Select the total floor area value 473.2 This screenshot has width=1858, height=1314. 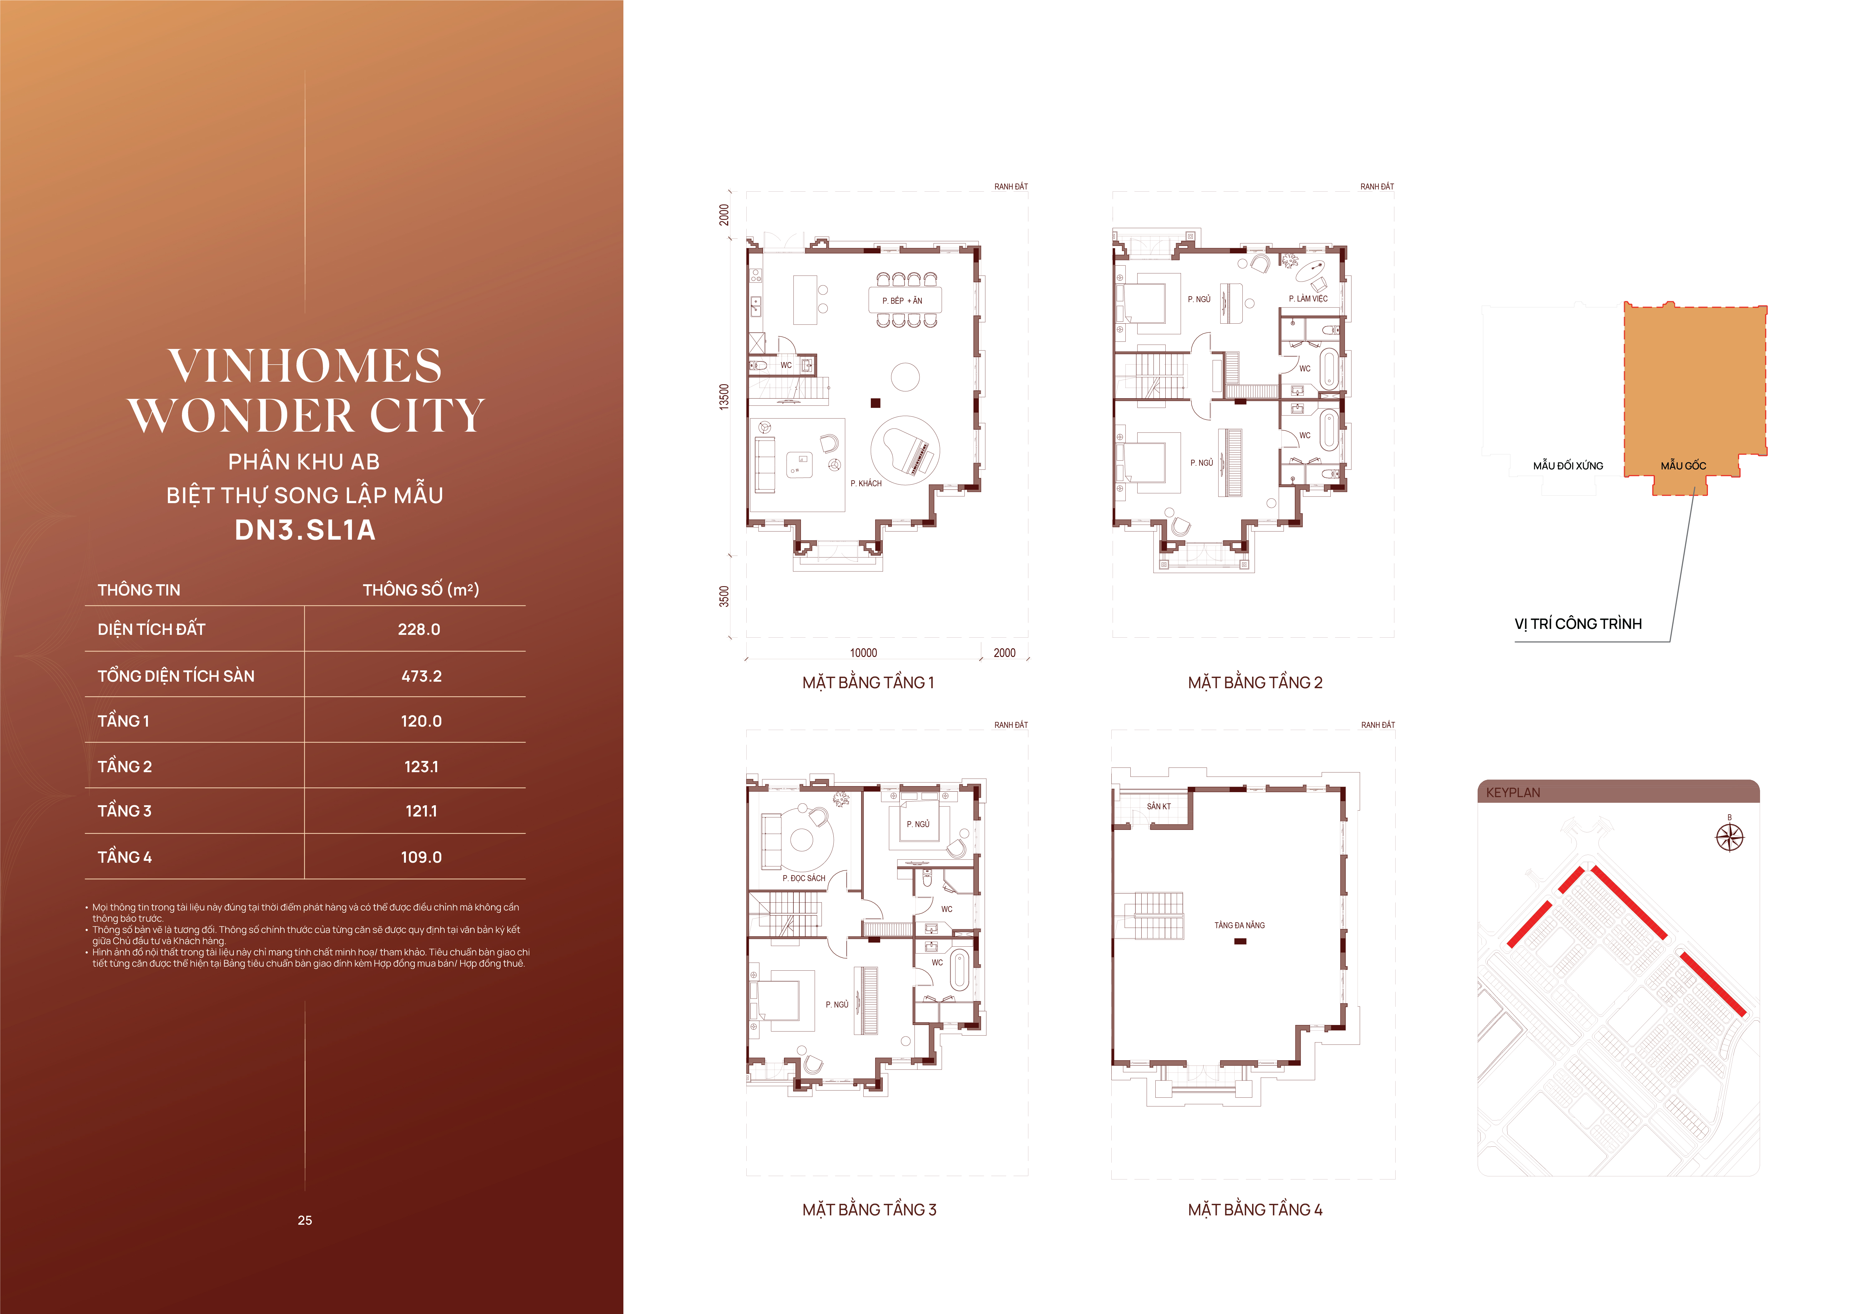(x=422, y=676)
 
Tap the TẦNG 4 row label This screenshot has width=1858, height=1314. (x=124, y=856)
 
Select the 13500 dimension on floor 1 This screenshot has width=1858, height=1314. (x=724, y=397)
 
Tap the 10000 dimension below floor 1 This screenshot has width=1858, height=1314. (x=863, y=653)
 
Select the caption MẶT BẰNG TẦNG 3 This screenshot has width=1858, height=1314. (x=869, y=1209)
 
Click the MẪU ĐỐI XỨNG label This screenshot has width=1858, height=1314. (x=1568, y=466)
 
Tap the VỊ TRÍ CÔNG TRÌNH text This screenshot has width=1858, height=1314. (x=1578, y=623)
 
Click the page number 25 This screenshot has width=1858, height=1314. (x=305, y=1220)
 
